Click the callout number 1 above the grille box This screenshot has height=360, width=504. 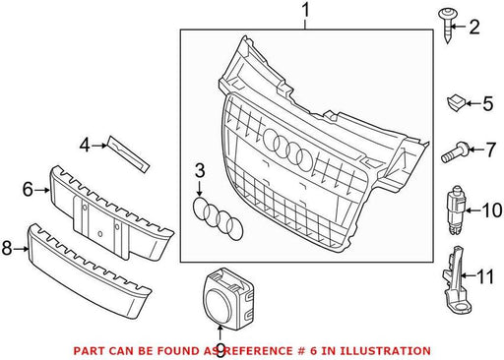[305, 11]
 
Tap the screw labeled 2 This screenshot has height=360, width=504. [447, 26]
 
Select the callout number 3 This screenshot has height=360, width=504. [200, 171]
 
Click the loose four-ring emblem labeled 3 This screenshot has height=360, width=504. [218, 218]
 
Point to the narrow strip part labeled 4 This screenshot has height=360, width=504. [128, 153]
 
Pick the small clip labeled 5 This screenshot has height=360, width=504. [456, 102]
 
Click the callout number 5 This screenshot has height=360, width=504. [488, 103]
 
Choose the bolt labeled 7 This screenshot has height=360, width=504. [455, 152]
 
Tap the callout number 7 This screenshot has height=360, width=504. [490, 150]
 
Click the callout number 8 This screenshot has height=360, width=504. [7, 248]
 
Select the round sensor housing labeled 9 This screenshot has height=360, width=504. [228, 298]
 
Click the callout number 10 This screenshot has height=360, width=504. [492, 210]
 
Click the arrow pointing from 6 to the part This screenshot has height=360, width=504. [42, 190]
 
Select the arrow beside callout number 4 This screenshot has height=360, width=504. [99, 145]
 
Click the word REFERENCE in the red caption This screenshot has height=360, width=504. [258, 351]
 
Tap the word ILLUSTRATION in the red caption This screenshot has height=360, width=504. [385, 351]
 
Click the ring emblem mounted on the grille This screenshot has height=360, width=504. [287, 150]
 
